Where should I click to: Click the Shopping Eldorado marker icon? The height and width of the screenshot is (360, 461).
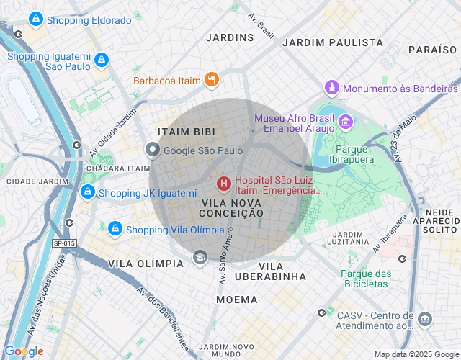35,20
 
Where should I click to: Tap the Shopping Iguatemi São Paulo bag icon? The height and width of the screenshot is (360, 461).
102,60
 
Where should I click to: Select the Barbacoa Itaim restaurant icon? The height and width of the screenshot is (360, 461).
212,80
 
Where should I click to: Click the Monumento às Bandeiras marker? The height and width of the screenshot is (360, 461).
331,88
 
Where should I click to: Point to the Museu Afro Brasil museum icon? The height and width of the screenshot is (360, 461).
346,122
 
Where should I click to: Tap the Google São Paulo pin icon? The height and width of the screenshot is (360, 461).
153,150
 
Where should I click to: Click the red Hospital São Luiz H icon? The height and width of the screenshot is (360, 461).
223,184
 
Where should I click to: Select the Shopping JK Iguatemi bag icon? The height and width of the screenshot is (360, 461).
87,192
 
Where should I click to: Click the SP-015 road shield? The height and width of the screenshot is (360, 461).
64,243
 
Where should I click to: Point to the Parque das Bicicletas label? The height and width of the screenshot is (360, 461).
365,279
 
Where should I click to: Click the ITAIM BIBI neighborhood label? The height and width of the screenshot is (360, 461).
183,132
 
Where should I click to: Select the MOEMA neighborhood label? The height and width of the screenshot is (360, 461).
236,299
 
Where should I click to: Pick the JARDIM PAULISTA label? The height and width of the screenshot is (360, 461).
333,42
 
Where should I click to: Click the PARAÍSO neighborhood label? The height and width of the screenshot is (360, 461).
433,50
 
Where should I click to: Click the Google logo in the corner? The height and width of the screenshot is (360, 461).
24,351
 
